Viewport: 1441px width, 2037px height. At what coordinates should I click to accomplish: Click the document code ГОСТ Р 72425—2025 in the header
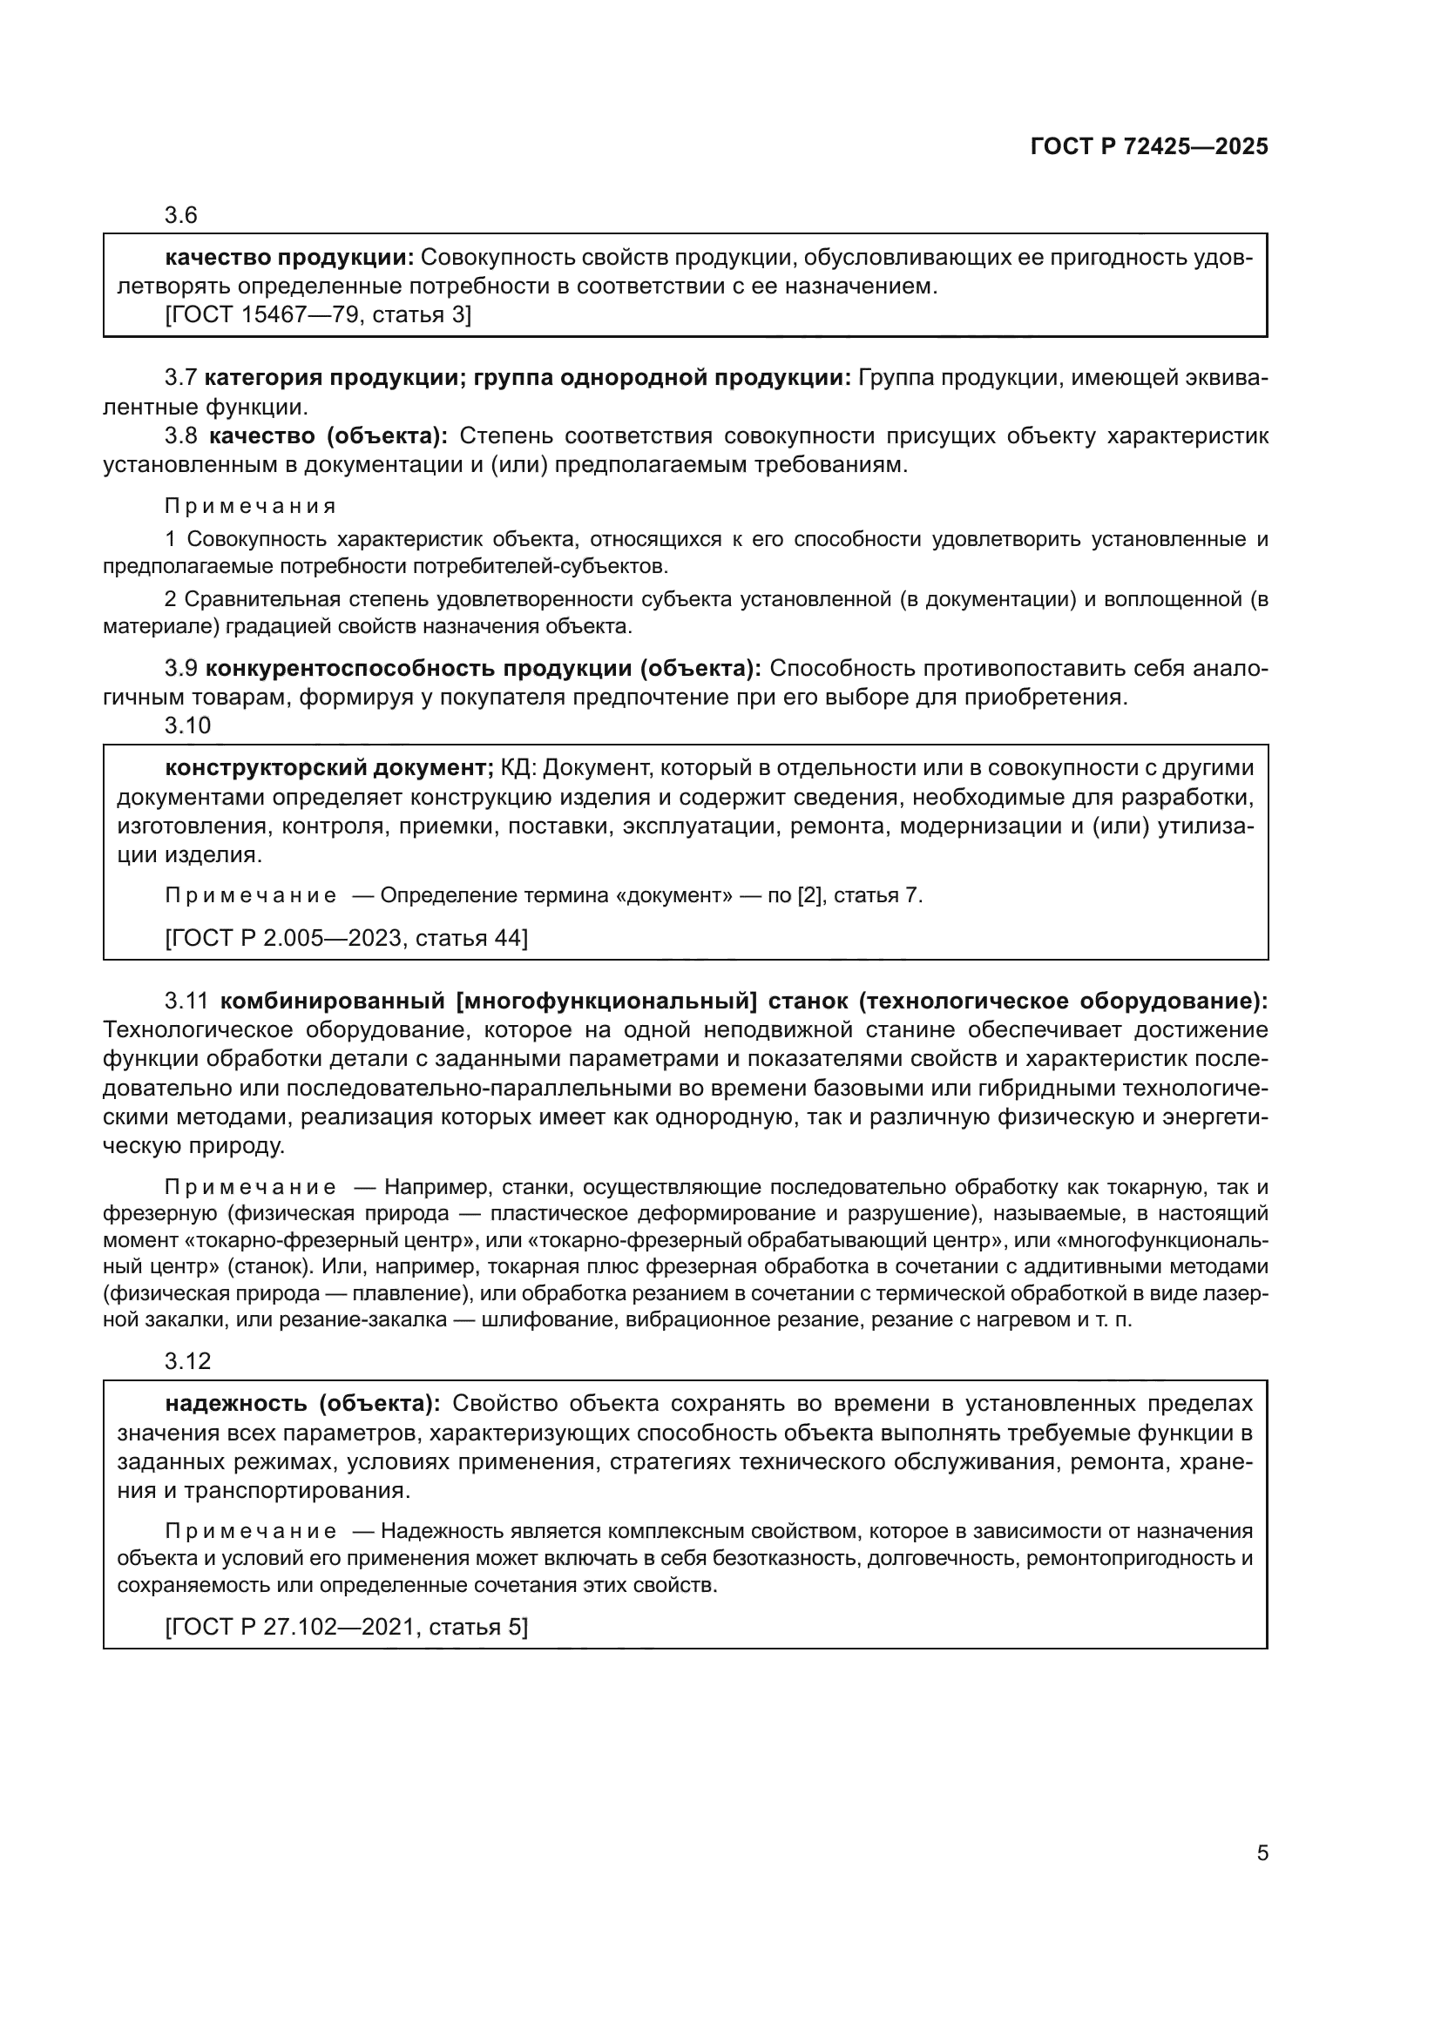coord(1149,147)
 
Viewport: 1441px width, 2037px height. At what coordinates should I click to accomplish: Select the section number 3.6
coord(181,216)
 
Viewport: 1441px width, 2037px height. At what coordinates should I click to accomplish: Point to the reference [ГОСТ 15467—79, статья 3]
coord(319,315)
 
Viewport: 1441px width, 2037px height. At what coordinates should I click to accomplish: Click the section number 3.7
coord(181,379)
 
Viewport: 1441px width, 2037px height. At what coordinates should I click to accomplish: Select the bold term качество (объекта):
coord(328,436)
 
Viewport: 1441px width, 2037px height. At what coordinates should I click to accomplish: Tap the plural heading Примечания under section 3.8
coord(250,507)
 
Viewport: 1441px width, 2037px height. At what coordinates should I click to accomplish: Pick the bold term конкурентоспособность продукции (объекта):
coord(484,668)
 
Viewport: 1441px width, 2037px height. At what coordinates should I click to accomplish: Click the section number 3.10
coord(187,725)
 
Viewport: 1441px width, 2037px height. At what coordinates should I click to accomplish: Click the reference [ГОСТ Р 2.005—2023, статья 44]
coord(346,939)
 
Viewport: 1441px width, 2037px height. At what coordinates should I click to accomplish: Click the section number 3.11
coord(186,1002)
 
